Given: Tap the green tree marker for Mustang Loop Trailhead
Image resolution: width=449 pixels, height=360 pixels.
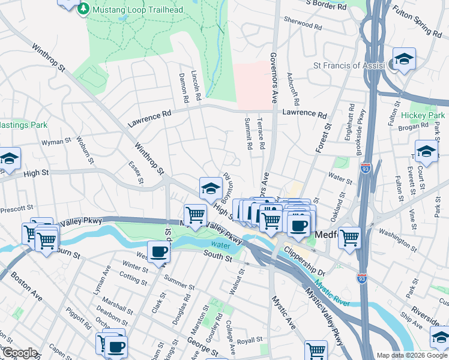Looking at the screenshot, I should pos(83,9).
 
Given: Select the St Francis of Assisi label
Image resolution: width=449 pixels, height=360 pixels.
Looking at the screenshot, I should pos(351,65).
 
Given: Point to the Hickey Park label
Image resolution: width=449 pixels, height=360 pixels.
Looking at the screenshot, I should pos(423,115).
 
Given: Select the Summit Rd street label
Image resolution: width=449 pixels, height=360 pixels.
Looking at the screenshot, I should pos(247,133).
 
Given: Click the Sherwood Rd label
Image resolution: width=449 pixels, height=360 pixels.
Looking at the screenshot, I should pos(307,25).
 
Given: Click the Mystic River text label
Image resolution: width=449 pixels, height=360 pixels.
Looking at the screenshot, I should pos(331,294).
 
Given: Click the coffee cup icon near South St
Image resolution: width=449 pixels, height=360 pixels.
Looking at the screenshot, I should pos(159,251).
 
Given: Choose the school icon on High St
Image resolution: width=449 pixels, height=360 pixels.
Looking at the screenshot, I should pos(211,188).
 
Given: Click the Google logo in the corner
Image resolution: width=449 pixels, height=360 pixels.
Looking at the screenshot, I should pos(19,353).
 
